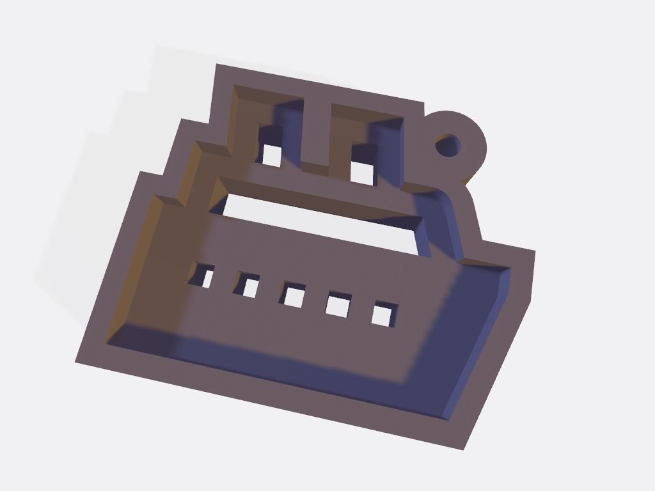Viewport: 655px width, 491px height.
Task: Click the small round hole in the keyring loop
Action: coord(448,144)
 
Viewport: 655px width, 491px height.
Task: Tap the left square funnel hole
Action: coord(272,155)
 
